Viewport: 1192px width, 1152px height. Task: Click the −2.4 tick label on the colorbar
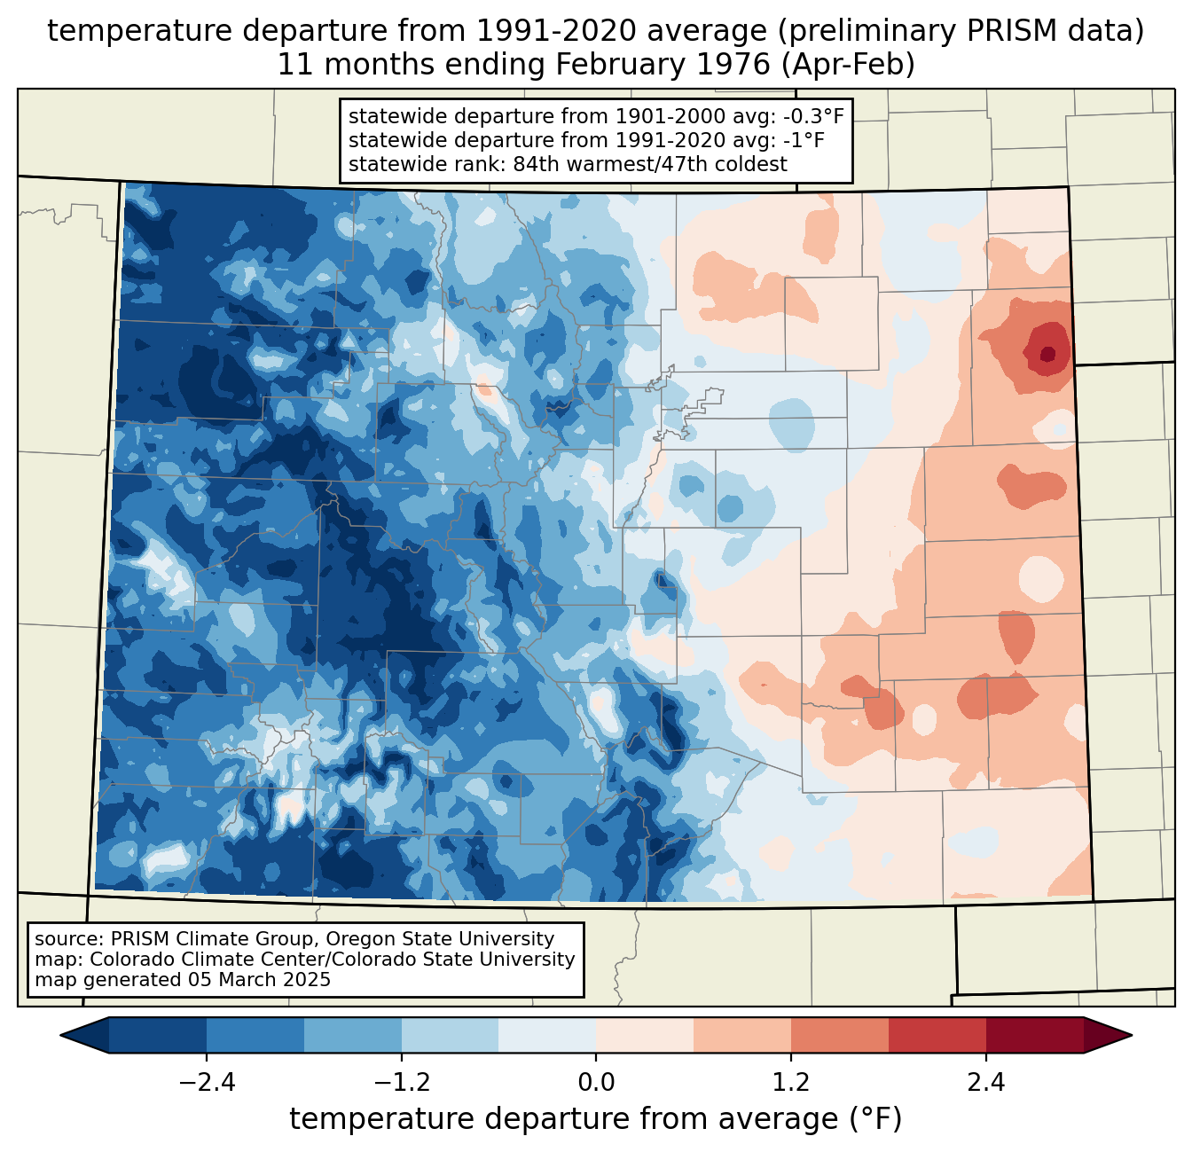coord(206,1082)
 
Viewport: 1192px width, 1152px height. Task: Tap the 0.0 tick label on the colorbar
coord(596,1082)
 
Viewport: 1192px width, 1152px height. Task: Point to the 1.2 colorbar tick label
coord(791,1082)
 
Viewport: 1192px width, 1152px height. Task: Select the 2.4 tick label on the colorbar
coord(986,1082)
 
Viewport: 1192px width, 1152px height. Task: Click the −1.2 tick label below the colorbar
coord(401,1082)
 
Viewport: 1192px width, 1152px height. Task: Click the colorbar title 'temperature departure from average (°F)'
coord(595,1119)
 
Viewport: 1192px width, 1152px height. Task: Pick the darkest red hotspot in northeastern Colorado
coord(1047,354)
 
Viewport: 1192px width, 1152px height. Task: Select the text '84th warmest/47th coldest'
coord(650,164)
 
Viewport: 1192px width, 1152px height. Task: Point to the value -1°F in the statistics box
coord(804,140)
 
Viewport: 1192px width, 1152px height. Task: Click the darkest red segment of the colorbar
coord(1035,1035)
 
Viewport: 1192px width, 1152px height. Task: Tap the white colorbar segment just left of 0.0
coord(547,1035)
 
